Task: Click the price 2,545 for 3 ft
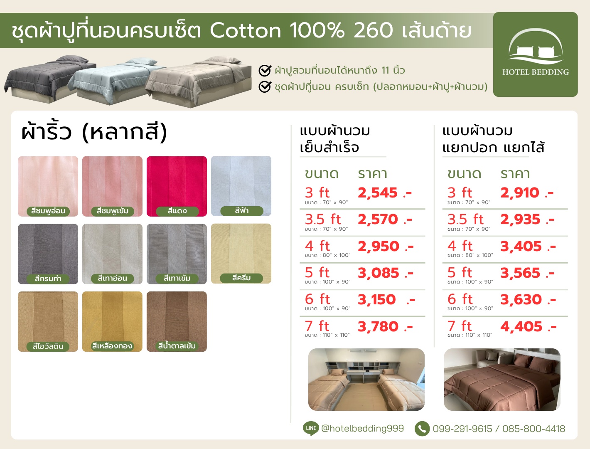(x=377, y=193)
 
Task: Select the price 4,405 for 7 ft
(x=521, y=327)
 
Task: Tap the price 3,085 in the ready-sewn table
(x=378, y=273)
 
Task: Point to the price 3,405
(x=521, y=247)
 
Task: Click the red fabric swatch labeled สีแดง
(x=177, y=186)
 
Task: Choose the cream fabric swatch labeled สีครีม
(x=241, y=254)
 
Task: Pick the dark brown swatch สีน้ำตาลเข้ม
(x=177, y=321)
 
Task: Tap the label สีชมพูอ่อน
(x=48, y=211)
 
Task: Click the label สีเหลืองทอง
(x=112, y=346)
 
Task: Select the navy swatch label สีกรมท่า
(x=48, y=279)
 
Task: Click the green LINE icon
(x=311, y=428)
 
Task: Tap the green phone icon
(x=422, y=429)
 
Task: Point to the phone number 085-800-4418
(x=533, y=429)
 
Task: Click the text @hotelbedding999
(x=363, y=428)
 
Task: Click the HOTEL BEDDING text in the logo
(x=536, y=72)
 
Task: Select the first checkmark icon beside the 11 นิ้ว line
(x=265, y=70)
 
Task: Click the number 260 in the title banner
(x=373, y=30)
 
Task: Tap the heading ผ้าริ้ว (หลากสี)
(x=94, y=132)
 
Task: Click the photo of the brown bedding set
(x=502, y=380)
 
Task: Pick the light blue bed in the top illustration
(x=117, y=81)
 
